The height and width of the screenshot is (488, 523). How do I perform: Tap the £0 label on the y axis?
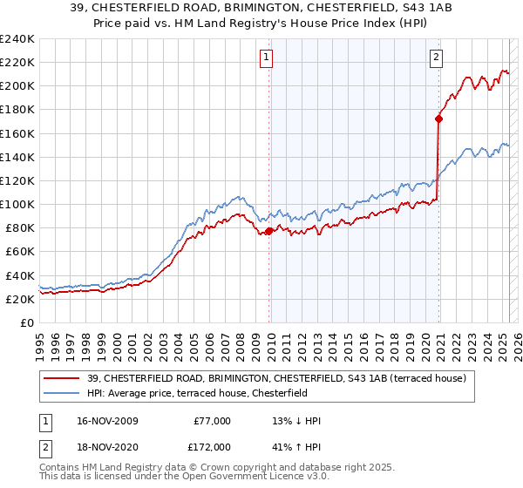(x=27, y=322)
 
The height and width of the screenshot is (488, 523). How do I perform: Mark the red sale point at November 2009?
(x=268, y=231)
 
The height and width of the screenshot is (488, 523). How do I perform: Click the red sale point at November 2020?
(x=438, y=119)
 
